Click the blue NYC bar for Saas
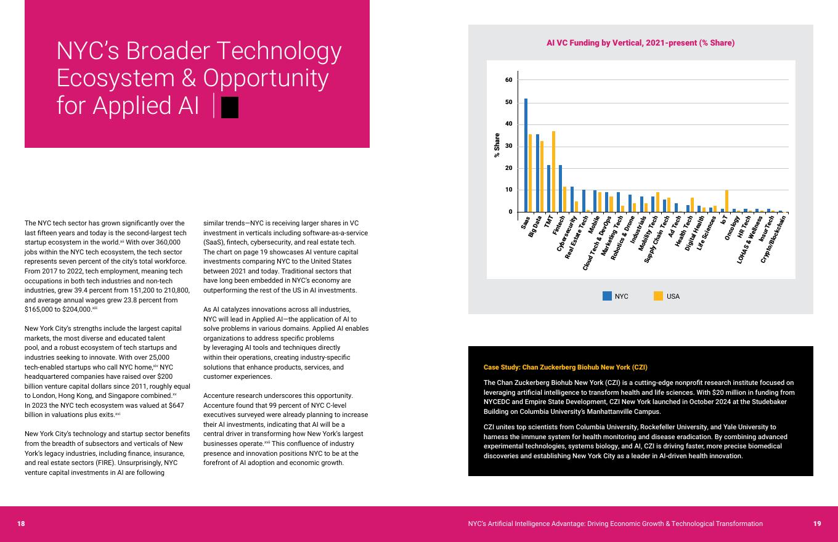(x=526, y=155)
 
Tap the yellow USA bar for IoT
(x=726, y=201)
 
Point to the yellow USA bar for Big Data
(x=542, y=177)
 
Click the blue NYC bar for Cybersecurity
(x=572, y=199)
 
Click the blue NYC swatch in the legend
(x=607, y=296)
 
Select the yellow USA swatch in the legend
(x=658, y=296)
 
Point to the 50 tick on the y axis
(x=509, y=102)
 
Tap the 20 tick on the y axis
(x=509, y=168)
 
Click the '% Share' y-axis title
(x=497, y=145)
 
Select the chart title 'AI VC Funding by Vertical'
(x=640, y=43)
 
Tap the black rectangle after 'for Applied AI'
(x=230, y=107)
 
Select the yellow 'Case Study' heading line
(x=565, y=367)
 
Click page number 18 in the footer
(x=21, y=524)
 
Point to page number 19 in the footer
(x=816, y=524)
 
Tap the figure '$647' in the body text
(x=176, y=405)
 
